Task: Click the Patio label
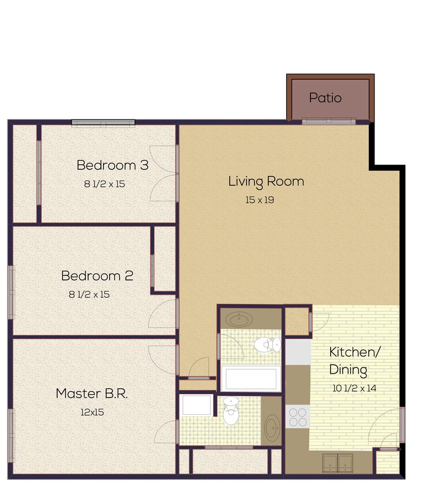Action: (325, 98)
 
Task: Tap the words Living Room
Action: (266, 181)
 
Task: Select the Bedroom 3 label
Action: (113, 165)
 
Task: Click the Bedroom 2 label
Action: (97, 276)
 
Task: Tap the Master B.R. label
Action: (91, 394)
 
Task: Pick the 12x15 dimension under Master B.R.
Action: (92, 413)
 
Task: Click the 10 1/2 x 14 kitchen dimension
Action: (354, 388)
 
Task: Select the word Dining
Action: (348, 370)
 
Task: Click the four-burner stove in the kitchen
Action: (298, 417)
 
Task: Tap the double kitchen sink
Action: (338, 462)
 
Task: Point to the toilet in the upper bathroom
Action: (267, 345)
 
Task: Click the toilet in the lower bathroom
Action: (231, 411)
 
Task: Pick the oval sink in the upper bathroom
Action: (238, 319)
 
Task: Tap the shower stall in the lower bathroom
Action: (196, 406)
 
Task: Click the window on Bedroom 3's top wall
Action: (103, 122)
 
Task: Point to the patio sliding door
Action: (328, 122)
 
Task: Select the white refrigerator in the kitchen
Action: (298, 352)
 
